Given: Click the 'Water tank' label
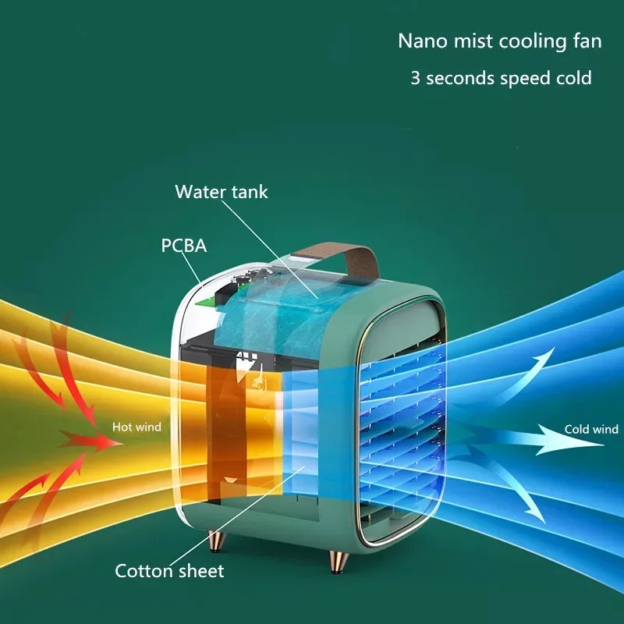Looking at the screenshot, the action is [x=221, y=192].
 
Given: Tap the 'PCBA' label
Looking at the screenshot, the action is [x=183, y=246].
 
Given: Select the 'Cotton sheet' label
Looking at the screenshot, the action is [x=169, y=571].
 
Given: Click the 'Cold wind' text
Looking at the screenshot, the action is [x=591, y=429].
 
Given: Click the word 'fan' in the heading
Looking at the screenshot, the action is [x=587, y=41].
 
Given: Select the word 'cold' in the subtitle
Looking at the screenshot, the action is [x=573, y=78].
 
